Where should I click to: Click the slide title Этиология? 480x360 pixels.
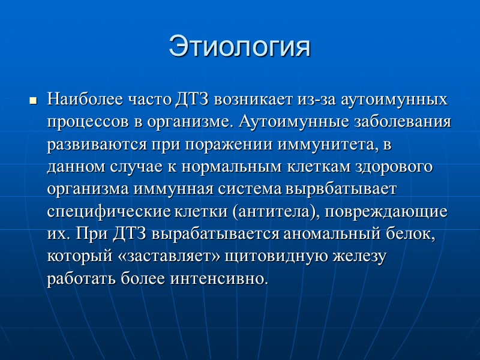(240, 47)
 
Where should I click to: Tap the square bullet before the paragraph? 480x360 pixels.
(33, 100)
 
